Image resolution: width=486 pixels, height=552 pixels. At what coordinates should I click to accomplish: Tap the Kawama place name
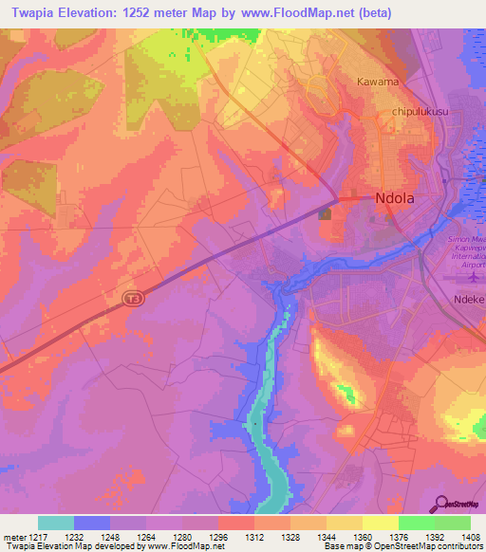[x=378, y=83]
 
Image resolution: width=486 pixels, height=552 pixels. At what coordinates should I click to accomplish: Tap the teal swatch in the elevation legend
[x=56, y=523]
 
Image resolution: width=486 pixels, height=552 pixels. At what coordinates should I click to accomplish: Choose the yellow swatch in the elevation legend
[x=381, y=523]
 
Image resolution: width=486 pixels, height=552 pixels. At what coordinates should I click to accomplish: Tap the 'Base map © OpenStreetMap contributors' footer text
[x=402, y=546]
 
